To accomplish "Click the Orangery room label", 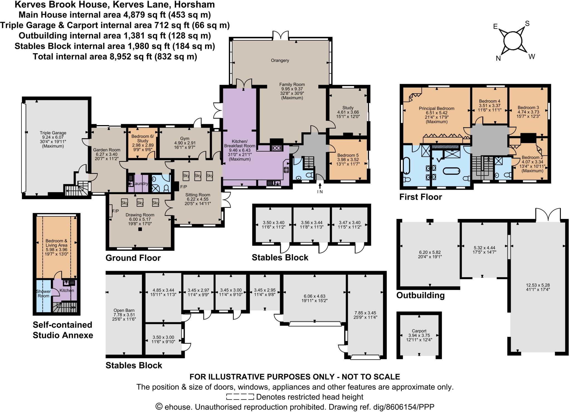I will pyautogui.click(x=280, y=60).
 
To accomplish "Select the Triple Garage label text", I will pyautogui.click(x=53, y=133).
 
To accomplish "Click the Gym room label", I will pyautogui.click(x=185, y=138).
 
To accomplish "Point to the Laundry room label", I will pyautogui.click(x=141, y=184).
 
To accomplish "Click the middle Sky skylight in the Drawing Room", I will pyautogui.click(x=140, y=203).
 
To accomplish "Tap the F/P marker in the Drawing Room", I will pyautogui.click(x=115, y=211).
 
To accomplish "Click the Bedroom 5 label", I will pyautogui.click(x=348, y=155).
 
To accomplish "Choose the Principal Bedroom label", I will pyautogui.click(x=436, y=109).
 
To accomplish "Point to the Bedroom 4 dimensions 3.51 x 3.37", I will pyautogui.click(x=490, y=106).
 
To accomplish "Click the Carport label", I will pyautogui.click(x=419, y=331).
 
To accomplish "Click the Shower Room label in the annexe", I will pyautogui.click(x=43, y=294).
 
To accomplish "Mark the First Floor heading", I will pyautogui.click(x=421, y=197).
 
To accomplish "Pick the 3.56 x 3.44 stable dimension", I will pyautogui.click(x=312, y=223).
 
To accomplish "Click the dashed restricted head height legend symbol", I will pyautogui.click(x=240, y=397).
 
